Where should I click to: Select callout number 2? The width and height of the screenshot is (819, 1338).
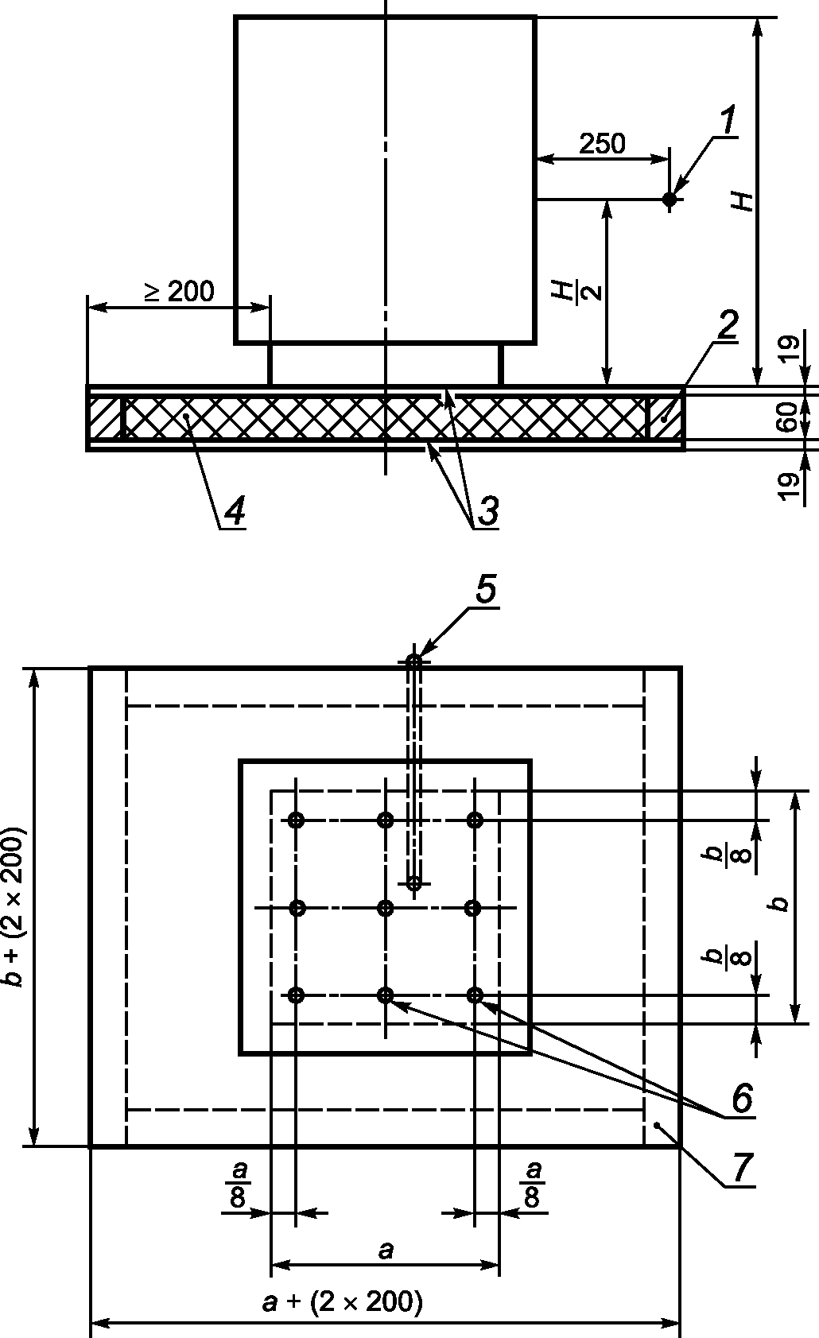(727, 325)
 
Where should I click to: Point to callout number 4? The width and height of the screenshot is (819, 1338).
(235, 510)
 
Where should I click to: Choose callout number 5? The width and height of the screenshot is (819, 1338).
(486, 589)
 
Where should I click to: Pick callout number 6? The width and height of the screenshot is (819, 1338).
(741, 1096)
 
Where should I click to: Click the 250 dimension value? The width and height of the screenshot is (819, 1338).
(602, 143)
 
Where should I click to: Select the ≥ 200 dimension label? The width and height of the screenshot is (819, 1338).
(179, 291)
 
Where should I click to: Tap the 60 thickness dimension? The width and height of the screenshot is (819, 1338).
(789, 417)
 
